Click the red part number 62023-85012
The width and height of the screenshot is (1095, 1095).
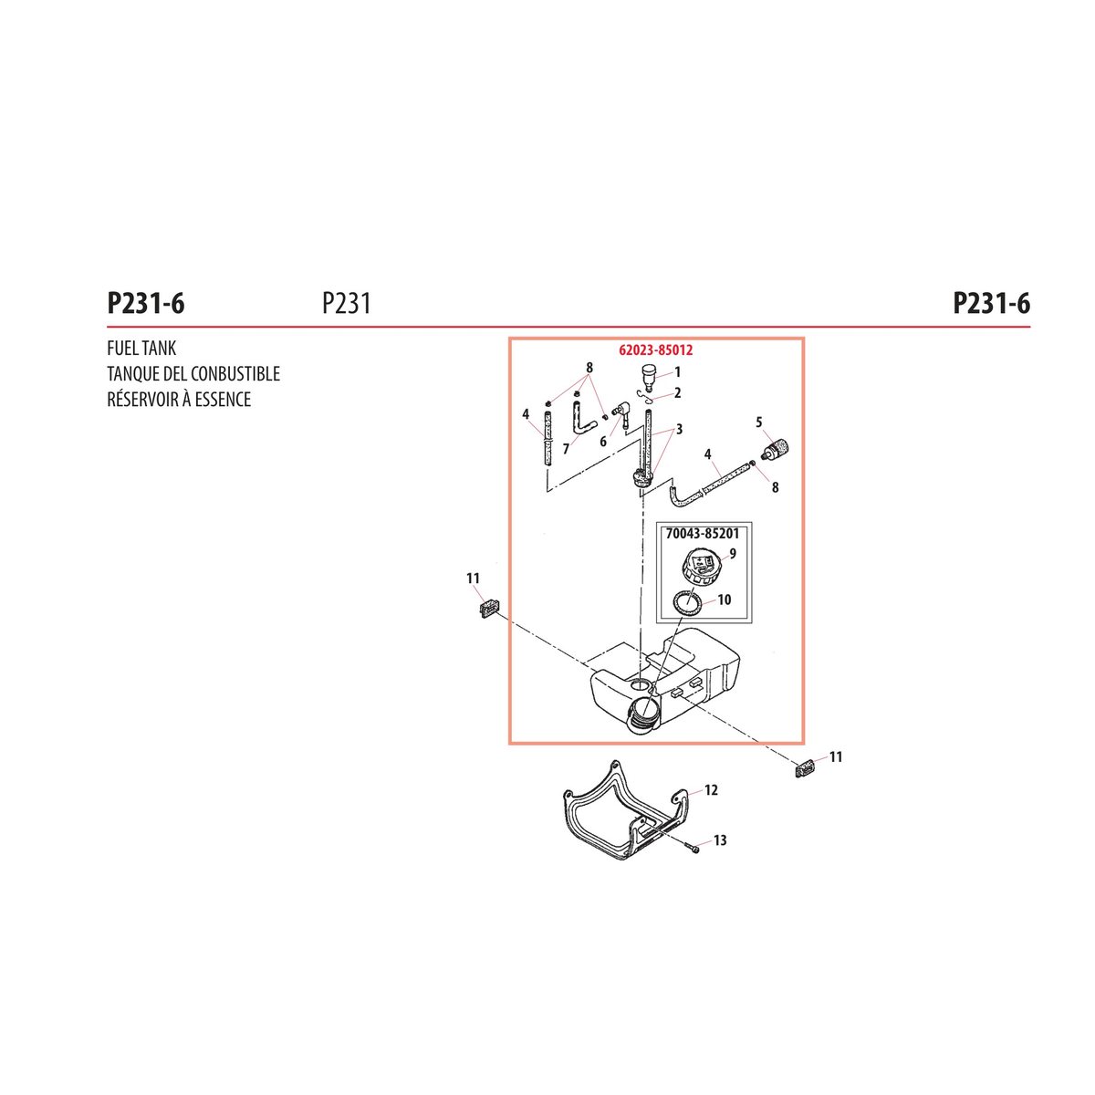pyautogui.click(x=656, y=350)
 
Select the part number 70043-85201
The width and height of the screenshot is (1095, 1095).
pyautogui.click(x=703, y=534)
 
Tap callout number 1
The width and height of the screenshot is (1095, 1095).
pyautogui.click(x=677, y=372)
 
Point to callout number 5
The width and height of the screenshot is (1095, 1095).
pyautogui.click(x=758, y=422)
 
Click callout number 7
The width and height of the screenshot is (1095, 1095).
pyautogui.click(x=566, y=450)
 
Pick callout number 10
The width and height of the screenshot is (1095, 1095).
pyautogui.click(x=724, y=600)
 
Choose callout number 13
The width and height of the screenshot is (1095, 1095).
pyautogui.click(x=720, y=839)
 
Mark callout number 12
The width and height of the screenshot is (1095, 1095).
pyautogui.click(x=711, y=790)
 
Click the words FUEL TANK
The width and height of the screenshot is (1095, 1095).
pyautogui.click(x=141, y=348)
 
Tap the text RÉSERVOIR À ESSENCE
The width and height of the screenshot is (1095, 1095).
pyautogui.click(x=179, y=399)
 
